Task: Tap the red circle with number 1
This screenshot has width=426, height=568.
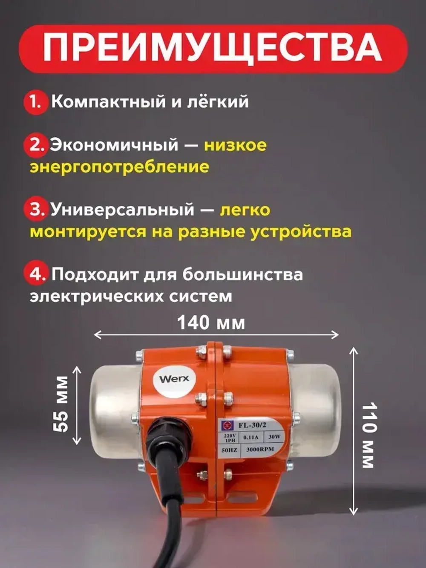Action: coord(35,102)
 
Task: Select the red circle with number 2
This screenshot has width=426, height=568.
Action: coord(37,145)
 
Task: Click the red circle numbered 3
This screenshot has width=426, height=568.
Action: coord(37,210)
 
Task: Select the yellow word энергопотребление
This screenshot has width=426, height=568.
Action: coord(119,167)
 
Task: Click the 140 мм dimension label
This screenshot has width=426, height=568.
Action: coord(211,323)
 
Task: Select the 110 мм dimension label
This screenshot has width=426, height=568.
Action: coord(368,435)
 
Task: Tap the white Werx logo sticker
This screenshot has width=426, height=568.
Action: coord(174,379)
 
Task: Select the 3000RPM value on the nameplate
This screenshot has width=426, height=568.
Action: coord(260,450)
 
